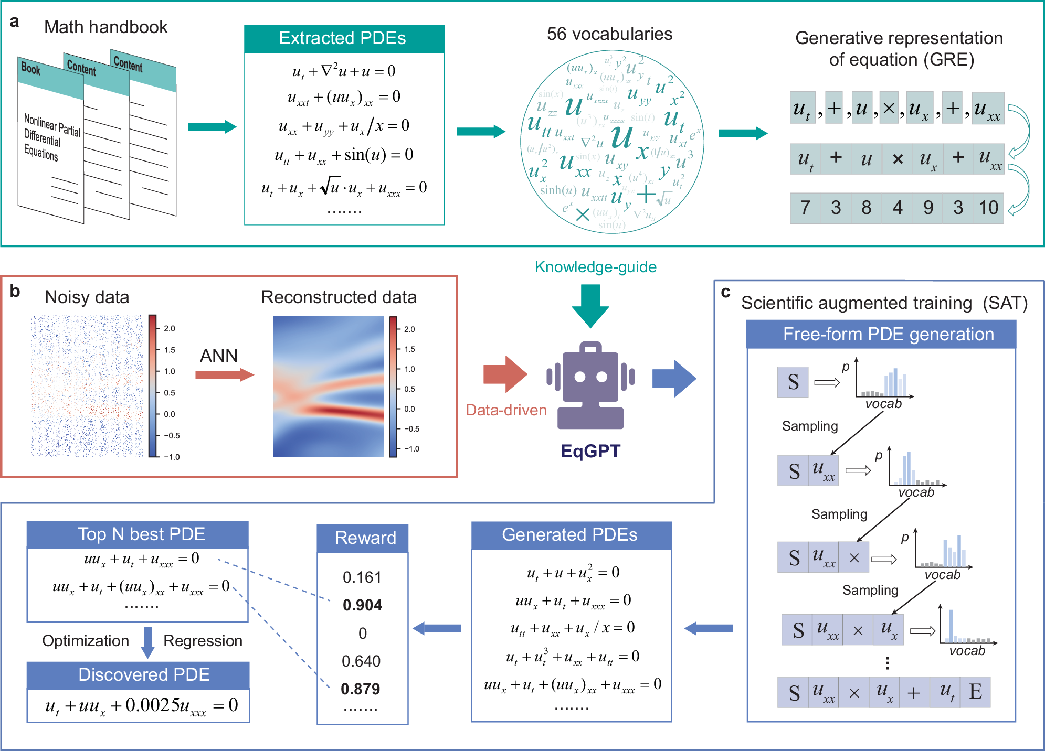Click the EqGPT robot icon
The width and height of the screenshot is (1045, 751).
coord(590,385)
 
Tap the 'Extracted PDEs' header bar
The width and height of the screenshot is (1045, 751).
coord(344,38)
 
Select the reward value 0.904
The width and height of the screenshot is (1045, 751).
coord(362,605)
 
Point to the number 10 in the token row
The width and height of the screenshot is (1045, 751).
coord(988,208)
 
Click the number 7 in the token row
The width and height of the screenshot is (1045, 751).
coord(805,208)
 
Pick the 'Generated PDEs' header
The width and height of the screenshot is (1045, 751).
coord(571,535)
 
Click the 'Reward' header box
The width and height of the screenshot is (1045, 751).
coord(363,538)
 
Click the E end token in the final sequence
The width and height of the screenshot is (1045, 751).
coord(975,692)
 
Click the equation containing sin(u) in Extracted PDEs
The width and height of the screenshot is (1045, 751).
coord(344,155)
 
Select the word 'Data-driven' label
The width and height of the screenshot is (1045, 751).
coord(506,410)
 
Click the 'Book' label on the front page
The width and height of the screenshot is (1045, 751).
coord(31,69)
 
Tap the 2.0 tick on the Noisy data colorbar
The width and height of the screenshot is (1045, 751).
coord(170,329)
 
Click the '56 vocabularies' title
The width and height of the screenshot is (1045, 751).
coord(609,34)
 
